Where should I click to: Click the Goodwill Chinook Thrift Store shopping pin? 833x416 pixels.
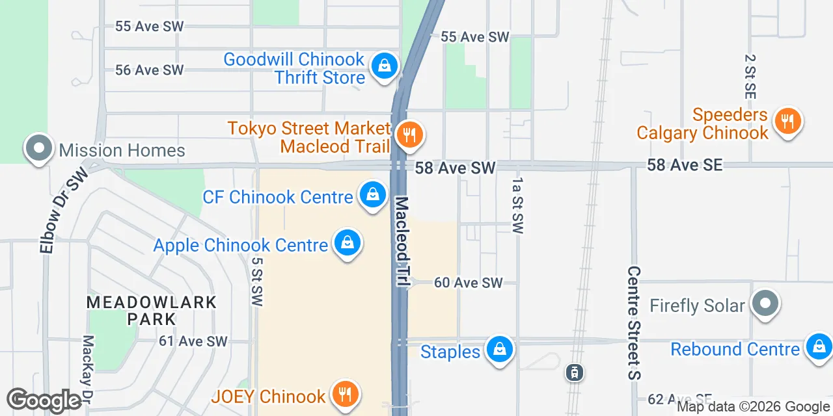pos(385,66)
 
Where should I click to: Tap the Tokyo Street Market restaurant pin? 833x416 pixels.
pos(409,135)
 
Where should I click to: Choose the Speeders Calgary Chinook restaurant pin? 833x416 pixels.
pos(787,120)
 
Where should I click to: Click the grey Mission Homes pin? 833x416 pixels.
pos(39,148)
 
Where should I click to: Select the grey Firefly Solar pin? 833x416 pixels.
pos(765,303)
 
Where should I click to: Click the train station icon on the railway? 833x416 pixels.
pos(575,372)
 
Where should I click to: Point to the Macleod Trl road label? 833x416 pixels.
pos(402,242)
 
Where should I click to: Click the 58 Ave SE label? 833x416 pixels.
pos(684,165)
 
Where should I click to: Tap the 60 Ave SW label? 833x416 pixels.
pos(469,283)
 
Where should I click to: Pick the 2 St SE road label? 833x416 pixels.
pos(750,77)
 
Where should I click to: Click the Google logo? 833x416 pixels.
pos(44,400)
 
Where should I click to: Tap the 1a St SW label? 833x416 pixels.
pos(518,205)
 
